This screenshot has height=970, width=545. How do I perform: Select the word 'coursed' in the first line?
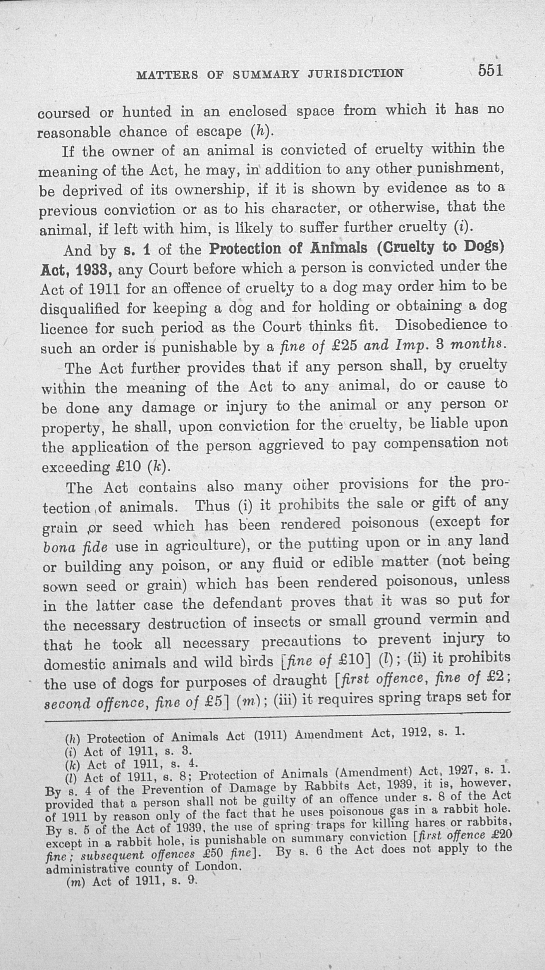[64, 113]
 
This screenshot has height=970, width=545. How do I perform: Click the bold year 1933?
[92, 269]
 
